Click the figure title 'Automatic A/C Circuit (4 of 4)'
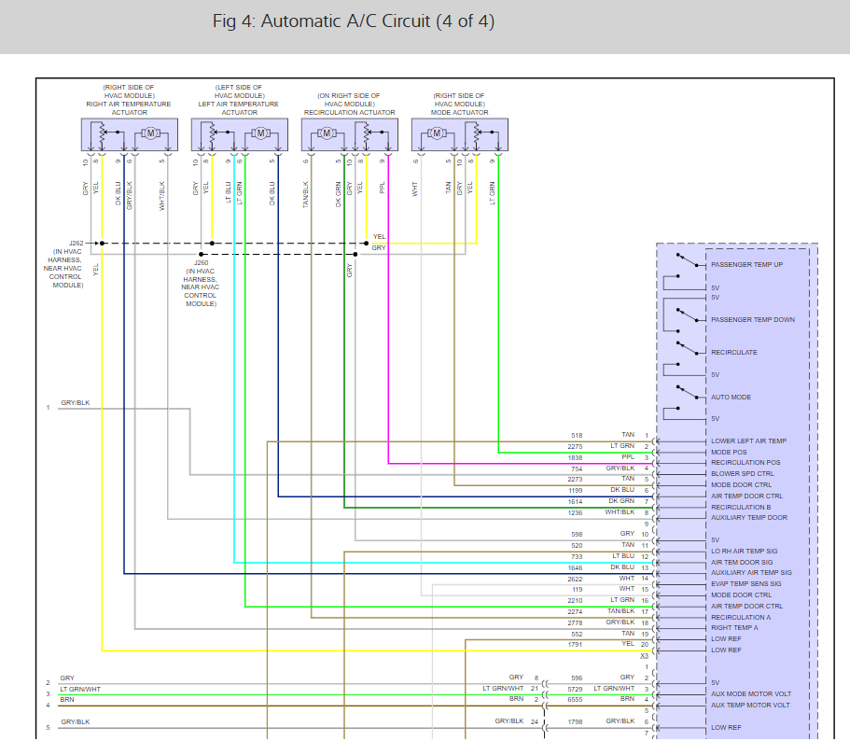[354, 21]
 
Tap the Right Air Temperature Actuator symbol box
[129, 135]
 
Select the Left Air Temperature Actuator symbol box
[239, 135]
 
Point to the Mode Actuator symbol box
[459, 135]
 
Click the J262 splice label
[76, 243]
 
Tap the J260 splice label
[201, 262]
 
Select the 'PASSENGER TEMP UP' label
[746, 265]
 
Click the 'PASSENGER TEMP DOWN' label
[752, 320]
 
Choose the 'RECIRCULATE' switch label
[734, 353]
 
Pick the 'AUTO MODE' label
[731, 398]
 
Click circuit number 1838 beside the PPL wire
[575, 457]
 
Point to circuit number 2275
[575, 446]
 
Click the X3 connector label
[644, 656]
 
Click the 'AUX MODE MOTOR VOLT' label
[750, 694]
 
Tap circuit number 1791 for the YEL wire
[575, 645]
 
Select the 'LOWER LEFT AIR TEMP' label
[748, 441]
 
